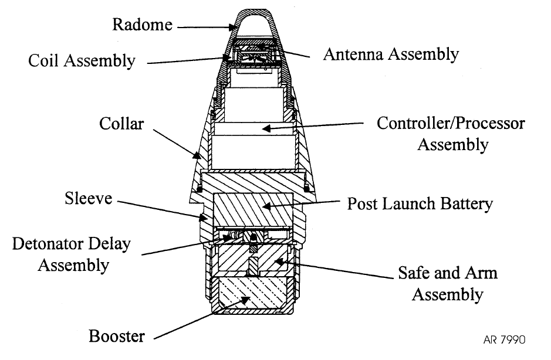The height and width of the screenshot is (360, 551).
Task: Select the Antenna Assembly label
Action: (x=391, y=55)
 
